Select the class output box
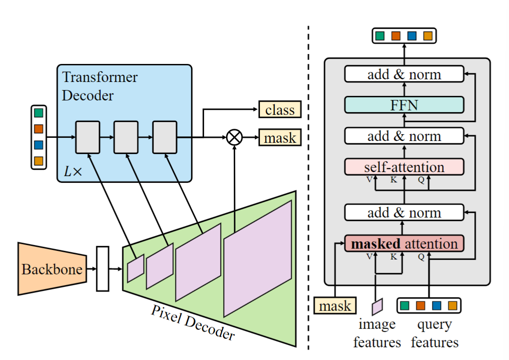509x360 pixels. (x=279, y=110)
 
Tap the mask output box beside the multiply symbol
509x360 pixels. (x=279, y=137)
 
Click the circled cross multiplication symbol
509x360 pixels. (x=234, y=137)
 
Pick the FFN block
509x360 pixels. (x=404, y=105)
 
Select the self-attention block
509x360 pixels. (x=404, y=167)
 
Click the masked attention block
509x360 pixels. (x=404, y=244)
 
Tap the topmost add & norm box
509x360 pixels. (x=404, y=74)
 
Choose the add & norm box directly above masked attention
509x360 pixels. (x=404, y=212)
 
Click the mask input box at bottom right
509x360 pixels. (x=335, y=306)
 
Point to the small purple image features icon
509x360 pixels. (x=377, y=306)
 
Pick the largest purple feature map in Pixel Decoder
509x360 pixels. (x=258, y=258)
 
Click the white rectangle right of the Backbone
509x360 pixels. (x=103, y=269)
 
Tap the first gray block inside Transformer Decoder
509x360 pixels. (x=86, y=137)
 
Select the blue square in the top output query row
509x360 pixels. (x=412, y=36)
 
